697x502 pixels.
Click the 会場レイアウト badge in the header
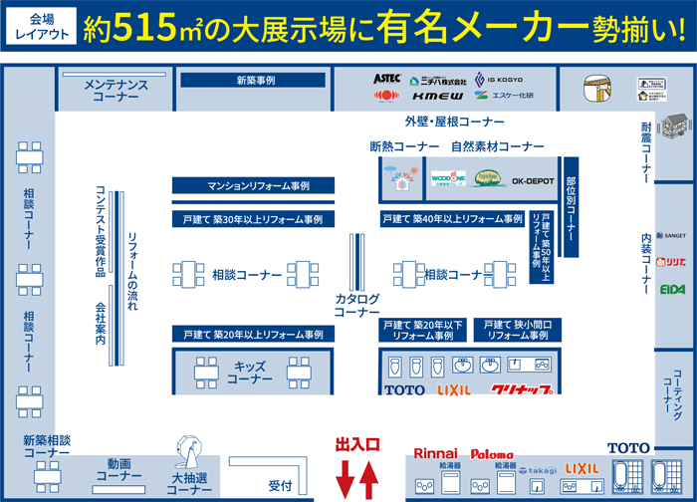point(42,26)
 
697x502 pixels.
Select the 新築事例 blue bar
point(256,80)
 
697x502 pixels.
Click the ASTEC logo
point(387,78)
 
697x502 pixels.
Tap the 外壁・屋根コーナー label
point(454,122)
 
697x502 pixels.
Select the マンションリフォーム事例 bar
point(253,185)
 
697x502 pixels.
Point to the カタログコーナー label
point(356,305)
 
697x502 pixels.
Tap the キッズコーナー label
point(249,373)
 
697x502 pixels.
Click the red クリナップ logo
point(521,390)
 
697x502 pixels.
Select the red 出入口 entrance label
point(357,444)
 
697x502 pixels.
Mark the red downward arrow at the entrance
point(345,478)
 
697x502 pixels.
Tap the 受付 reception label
point(279,486)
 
